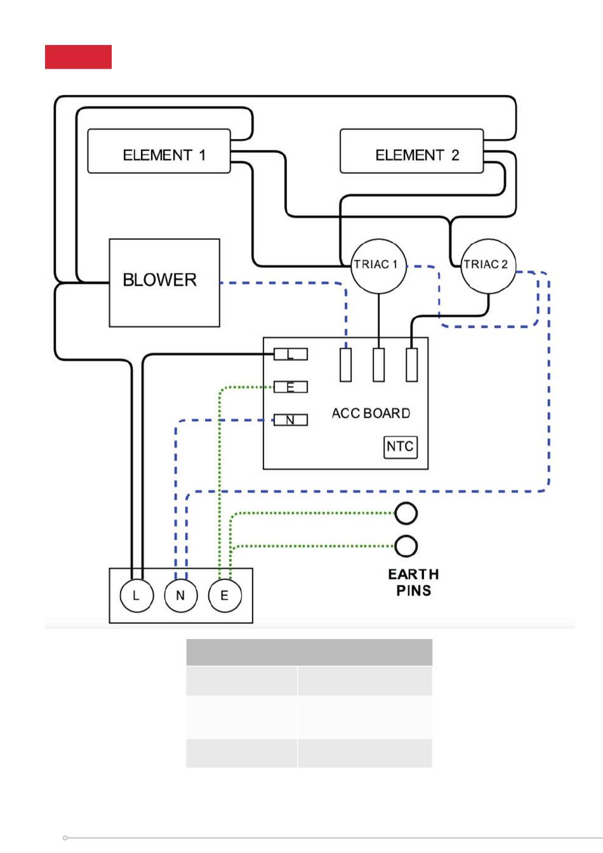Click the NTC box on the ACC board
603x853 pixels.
point(401,447)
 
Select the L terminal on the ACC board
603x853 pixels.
point(291,354)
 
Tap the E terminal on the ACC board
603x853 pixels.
point(291,387)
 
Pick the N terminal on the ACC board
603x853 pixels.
point(291,420)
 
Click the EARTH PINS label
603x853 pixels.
point(413,582)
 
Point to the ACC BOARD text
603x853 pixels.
point(371,413)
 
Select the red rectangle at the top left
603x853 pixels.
point(78,56)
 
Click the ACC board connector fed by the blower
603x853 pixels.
point(345,364)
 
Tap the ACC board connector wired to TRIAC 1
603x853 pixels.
point(379,364)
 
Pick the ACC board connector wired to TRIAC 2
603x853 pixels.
point(412,364)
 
